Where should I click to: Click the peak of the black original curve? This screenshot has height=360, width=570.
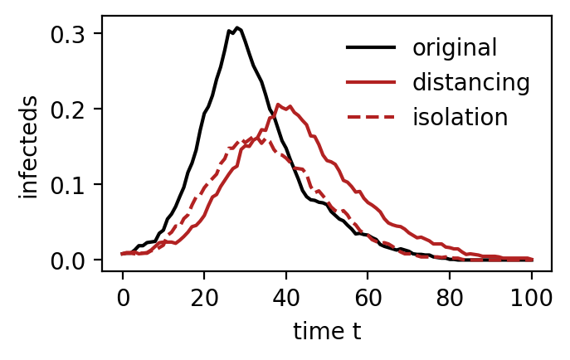[x=237, y=27]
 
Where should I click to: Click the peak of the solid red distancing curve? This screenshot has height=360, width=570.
[x=278, y=105]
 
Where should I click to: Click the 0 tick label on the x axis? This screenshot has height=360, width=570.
[x=124, y=299]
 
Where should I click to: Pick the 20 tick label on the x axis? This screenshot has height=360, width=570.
[x=205, y=299]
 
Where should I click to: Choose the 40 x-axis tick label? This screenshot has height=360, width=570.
[x=286, y=299]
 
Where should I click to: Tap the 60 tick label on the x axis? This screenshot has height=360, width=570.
[x=368, y=299]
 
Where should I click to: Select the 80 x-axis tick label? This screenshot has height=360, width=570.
[x=450, y=299]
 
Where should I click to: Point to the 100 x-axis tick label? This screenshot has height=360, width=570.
[x=532, y=299]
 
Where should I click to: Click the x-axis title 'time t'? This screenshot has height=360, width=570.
[x=327, y=331]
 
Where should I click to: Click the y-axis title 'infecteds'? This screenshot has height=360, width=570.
[x=28, y=148]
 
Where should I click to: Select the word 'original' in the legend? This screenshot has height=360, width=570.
[x=455, y=47]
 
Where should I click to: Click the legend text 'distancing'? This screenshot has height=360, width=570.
[x=471, y=82]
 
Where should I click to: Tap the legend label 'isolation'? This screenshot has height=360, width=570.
[x=460, y=117]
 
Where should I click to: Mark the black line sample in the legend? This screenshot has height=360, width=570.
[x=371, y=47]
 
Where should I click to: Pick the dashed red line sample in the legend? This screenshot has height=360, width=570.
[x=371, y=117]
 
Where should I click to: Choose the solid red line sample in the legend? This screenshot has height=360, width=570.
[x=371, y=82]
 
